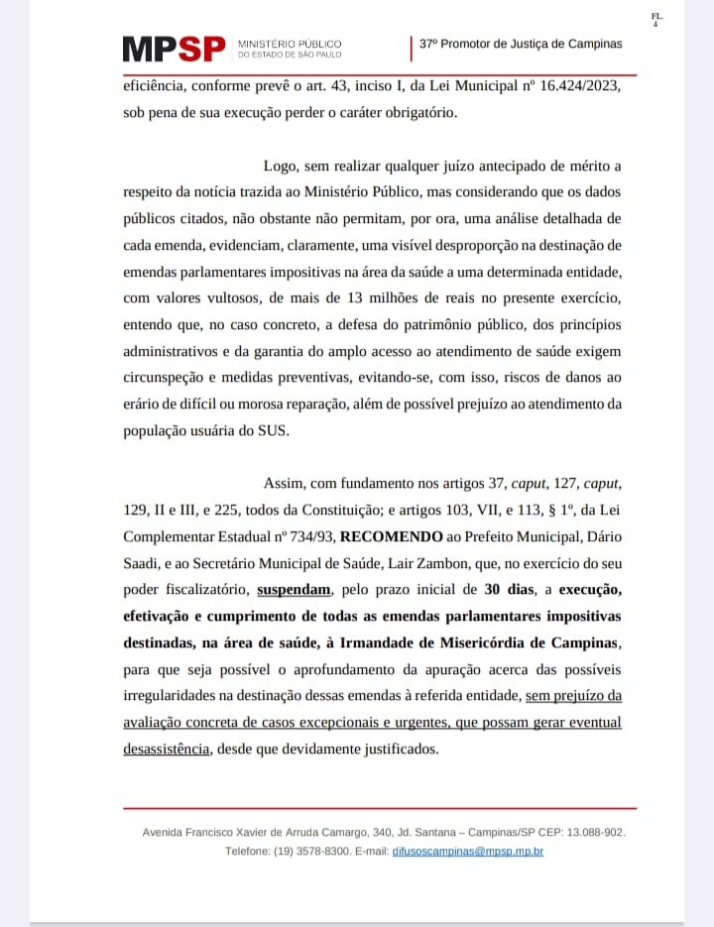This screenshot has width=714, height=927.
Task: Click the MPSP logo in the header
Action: tap(174, 49)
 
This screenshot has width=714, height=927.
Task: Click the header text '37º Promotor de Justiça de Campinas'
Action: tap(521, 45)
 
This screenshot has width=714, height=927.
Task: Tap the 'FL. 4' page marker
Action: tap(656, 20)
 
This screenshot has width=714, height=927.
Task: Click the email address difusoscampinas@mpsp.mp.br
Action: tap(468, 851)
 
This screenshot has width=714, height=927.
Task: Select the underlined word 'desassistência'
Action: tap(167, 750)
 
